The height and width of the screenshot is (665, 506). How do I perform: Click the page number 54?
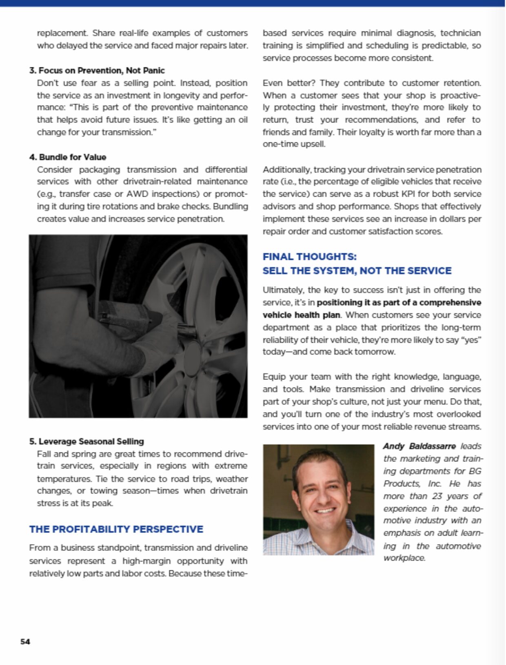(25, 642)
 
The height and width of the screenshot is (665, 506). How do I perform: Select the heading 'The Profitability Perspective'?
(116, 529)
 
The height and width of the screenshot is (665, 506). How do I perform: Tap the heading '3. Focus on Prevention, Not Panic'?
(97, 70)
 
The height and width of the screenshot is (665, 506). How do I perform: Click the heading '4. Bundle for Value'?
(68, 157)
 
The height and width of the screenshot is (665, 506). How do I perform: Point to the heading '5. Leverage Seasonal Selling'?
(87, 441)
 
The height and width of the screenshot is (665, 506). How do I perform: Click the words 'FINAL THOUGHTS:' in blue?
(309, 257)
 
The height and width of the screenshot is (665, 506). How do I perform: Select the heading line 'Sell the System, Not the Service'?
(357, 271)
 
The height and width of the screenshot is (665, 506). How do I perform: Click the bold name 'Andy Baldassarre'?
(419, 446)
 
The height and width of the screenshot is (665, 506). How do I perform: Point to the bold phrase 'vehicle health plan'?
(301, 315)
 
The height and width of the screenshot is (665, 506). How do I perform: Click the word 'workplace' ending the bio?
(404, 558)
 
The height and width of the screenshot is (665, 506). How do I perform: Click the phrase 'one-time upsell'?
(293, 144)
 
